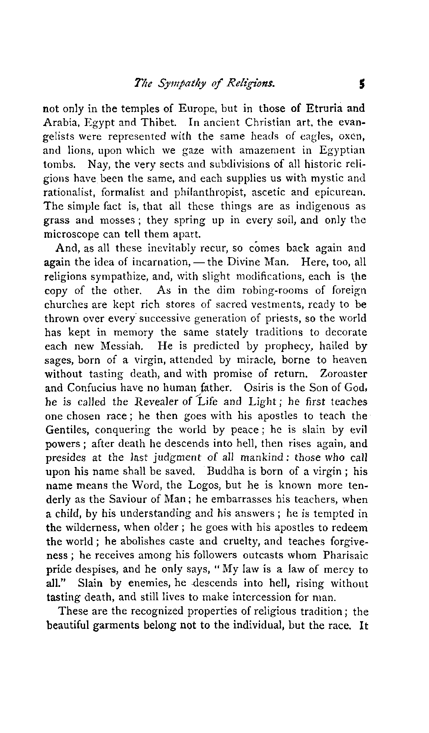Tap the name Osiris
coord(258,388)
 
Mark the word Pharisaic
coord(346,555)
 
